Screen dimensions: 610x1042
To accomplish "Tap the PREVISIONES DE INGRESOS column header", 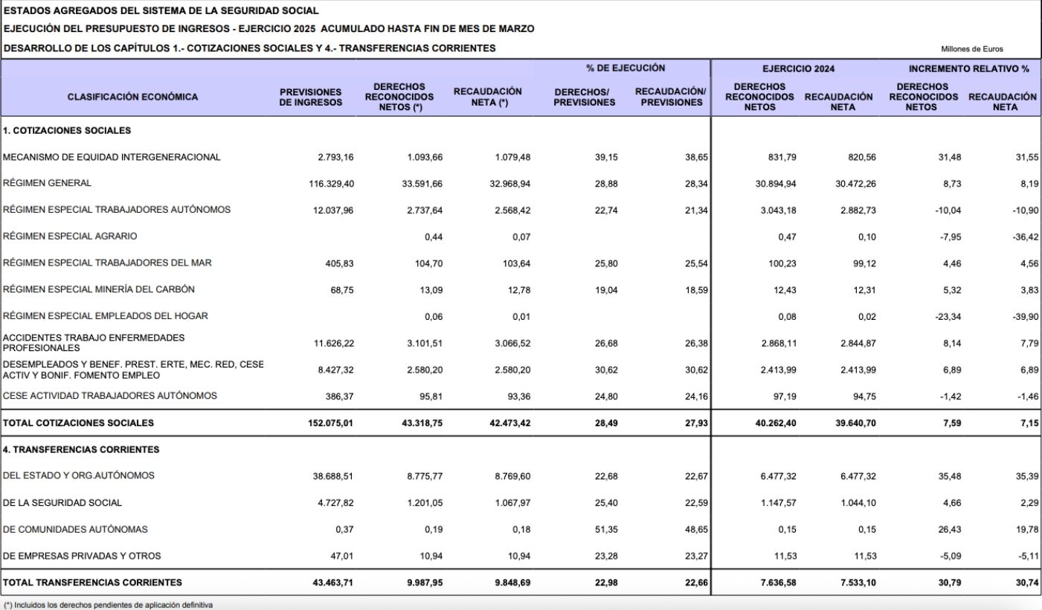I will (311, 97).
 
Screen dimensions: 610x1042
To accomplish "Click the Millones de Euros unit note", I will (971, 49).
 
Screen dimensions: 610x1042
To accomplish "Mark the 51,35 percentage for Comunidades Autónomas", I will (607, 529).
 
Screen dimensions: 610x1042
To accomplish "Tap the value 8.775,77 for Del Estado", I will (425, 476).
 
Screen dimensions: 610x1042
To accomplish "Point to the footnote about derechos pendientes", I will (109, 606).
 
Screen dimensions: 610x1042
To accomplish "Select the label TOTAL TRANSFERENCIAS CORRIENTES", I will (92, 582).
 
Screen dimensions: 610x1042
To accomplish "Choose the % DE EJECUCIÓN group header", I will (625, 68).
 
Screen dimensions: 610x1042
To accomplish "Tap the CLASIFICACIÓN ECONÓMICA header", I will (132, 97).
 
